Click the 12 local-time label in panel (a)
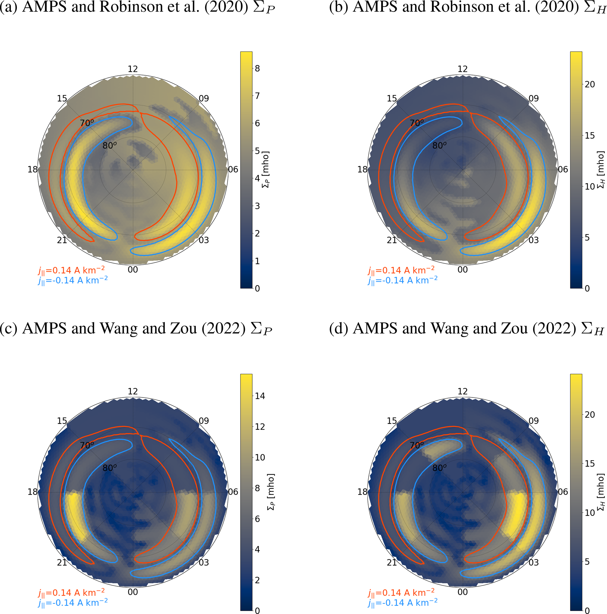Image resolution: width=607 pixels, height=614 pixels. click(x=133, y=69)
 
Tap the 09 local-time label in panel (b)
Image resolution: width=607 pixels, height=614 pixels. click(x=533, y=99)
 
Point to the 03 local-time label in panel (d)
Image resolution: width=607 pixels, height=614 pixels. click(x=533, y=562)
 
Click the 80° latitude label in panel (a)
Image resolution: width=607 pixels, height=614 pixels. click(x=109, y=146)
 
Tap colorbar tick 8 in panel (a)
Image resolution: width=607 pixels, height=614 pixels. click(x=257, y=68)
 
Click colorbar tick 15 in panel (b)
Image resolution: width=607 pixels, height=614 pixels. click(x=589, y=136)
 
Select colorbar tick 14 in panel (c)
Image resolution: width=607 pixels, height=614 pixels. click(x=260, y=396)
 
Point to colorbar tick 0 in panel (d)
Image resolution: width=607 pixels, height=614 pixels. click(x=587, y=610)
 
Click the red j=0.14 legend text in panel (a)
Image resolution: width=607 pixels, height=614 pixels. click(x=71, y=270)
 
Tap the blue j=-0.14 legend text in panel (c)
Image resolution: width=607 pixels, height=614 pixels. click(x=73, y=603)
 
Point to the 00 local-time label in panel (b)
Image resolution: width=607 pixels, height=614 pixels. click(x=462, y=270)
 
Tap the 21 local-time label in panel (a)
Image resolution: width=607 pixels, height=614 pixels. click(x=62, y=240)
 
